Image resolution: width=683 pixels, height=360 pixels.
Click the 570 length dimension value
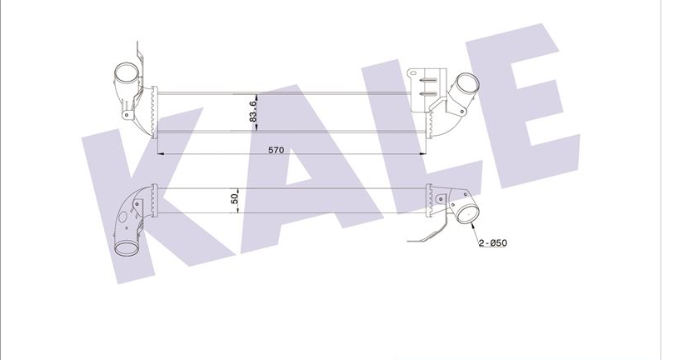pos(276,151)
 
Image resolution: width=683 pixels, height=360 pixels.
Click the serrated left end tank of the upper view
pos(152,111)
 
